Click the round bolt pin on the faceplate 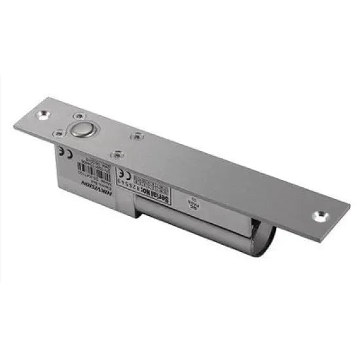[x=82, y=130]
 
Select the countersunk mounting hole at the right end [x=320, y=215]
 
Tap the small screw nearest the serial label [x=117, y=154]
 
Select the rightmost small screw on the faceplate [x=135, y=137]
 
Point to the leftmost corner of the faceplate [x=14, y=124]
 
